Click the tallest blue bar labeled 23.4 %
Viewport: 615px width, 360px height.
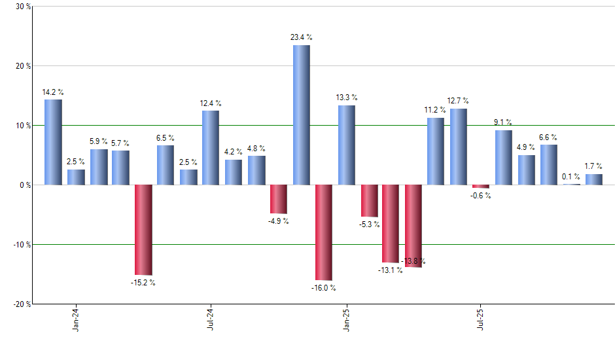click(301, 115)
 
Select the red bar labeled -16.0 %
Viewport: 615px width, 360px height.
click(324, 232)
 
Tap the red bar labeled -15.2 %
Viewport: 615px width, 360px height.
click(143, 230)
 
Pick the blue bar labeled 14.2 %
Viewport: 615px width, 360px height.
click(53, 142)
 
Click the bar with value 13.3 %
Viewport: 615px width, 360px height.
click(347, 145)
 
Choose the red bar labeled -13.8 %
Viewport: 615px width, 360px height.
click(413, 226)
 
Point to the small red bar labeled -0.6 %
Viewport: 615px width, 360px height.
click(481, 187)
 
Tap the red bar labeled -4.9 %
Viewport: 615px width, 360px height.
click(279, 199)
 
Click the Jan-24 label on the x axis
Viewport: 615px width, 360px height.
click(76, 319)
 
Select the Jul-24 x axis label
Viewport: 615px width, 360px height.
click(211, 319)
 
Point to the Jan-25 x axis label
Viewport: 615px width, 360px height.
click(346, 319)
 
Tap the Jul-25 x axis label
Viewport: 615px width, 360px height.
click(481, 319)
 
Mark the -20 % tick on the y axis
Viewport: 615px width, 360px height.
click(22, 304)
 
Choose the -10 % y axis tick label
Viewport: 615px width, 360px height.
click(22, 245)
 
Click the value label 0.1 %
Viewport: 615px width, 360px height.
click(571, 177)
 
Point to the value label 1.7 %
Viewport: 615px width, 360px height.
click(593, 166)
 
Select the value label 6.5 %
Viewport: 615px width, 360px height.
click(165, 137)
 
